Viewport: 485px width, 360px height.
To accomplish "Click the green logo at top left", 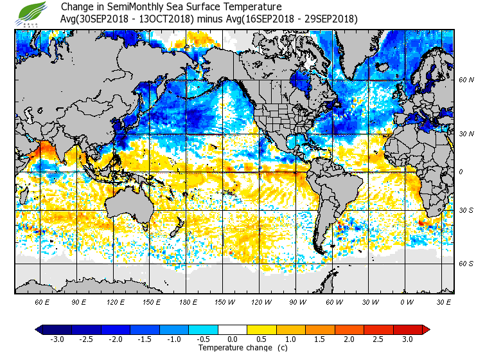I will pos(33,13).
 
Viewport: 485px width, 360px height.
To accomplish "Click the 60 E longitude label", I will pos(42,301).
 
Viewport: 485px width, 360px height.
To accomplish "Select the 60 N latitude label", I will pos(466,80).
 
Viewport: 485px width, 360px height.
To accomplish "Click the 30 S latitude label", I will pos(466,210).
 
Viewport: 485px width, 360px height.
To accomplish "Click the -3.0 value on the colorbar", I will pos(57,339).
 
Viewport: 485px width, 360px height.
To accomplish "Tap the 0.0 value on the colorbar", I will pos(233,339).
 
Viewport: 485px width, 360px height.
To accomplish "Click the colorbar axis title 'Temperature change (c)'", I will pos(233,348).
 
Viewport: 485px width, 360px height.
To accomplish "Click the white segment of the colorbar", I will pos(233,330).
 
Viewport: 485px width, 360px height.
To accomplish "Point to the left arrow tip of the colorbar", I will pos(37,330).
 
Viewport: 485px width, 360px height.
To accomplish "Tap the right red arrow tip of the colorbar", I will pos(427,330).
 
